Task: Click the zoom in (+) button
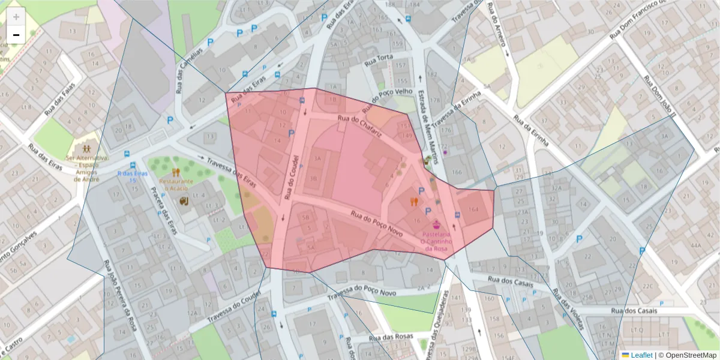[x=16, y=17]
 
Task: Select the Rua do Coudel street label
[x=292, y=178]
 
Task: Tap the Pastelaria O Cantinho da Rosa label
[x=436, y=241]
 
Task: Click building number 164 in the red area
[x=473, y=209]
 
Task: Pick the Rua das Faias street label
[x=62, y=98]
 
